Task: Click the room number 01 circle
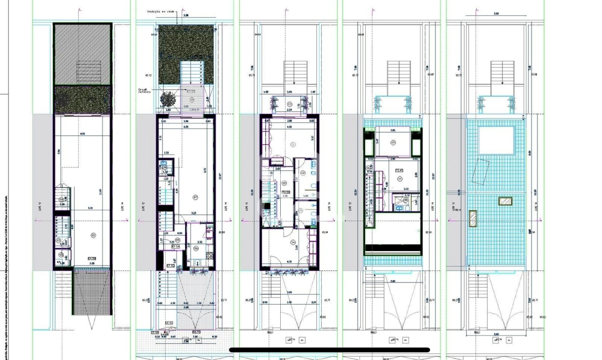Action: click(93, 234)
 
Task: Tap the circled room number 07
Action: click(196, 196)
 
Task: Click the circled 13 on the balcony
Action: click(290, 104)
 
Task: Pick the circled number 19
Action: click(393, 143)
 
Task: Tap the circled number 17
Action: click(400, 178)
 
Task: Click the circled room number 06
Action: click(196, 247)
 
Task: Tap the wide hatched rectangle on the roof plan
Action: click(505, 201)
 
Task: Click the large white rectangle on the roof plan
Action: click(496, 140)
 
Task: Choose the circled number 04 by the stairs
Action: click(61, 200)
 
